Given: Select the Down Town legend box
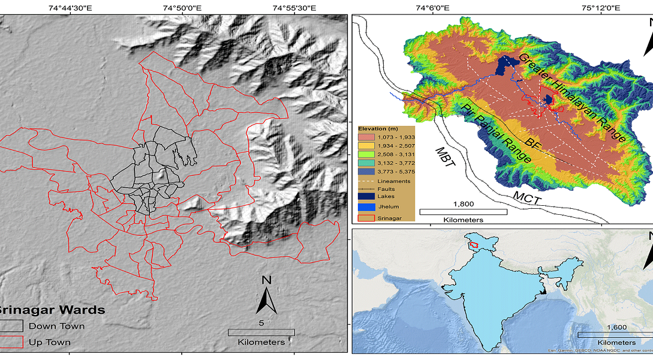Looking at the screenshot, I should (x=10, y=326).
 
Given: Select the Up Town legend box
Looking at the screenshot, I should (x=10, y=342).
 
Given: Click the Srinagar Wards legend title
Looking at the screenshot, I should (x=52, y=310).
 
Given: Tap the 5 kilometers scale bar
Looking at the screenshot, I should (x=261, y=332).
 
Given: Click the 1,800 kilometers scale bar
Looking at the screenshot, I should (x=463, y=211).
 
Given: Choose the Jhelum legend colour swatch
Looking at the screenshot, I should (x=366, y=206).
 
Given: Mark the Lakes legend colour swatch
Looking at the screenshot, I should (x=366, y=197).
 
